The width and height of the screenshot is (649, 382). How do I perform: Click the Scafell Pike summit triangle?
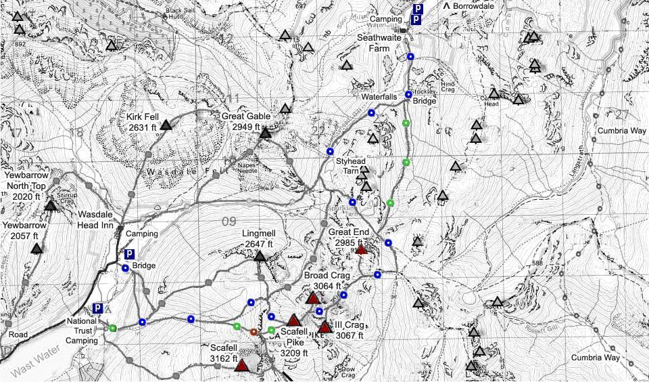293,320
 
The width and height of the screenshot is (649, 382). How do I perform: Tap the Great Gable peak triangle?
265,133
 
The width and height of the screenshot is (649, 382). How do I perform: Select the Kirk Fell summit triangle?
166,124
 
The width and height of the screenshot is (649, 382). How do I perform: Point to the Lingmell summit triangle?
260,256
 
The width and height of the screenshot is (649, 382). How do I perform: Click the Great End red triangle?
361,249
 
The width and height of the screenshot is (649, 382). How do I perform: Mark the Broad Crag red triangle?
312,298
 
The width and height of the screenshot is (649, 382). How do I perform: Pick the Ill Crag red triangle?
325,328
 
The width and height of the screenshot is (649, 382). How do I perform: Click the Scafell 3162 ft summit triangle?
241,366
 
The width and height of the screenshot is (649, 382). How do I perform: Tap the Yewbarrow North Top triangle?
51,205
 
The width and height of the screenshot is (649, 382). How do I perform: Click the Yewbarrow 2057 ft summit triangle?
37,249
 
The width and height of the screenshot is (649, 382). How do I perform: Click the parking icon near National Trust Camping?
97,308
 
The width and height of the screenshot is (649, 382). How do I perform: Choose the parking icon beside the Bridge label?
129,255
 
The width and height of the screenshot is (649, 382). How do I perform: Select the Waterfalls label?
379,97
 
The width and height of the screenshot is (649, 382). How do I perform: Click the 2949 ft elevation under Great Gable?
246,127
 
